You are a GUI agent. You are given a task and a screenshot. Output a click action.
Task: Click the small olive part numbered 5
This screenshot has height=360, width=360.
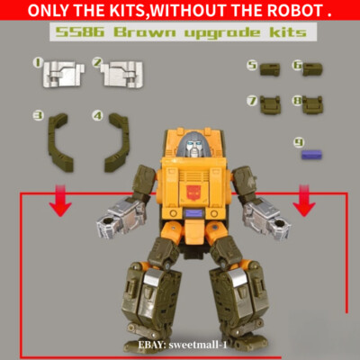(x=269, y=69)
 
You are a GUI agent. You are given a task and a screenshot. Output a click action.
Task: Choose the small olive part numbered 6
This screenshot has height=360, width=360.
(x=313, y=69)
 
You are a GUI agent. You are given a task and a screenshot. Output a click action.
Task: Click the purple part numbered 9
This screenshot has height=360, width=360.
(x=311, y=154)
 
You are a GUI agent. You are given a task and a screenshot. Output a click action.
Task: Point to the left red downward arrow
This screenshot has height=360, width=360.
(x=60, y=203)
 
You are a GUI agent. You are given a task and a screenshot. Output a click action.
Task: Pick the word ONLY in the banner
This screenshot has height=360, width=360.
(x=41, y=12)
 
